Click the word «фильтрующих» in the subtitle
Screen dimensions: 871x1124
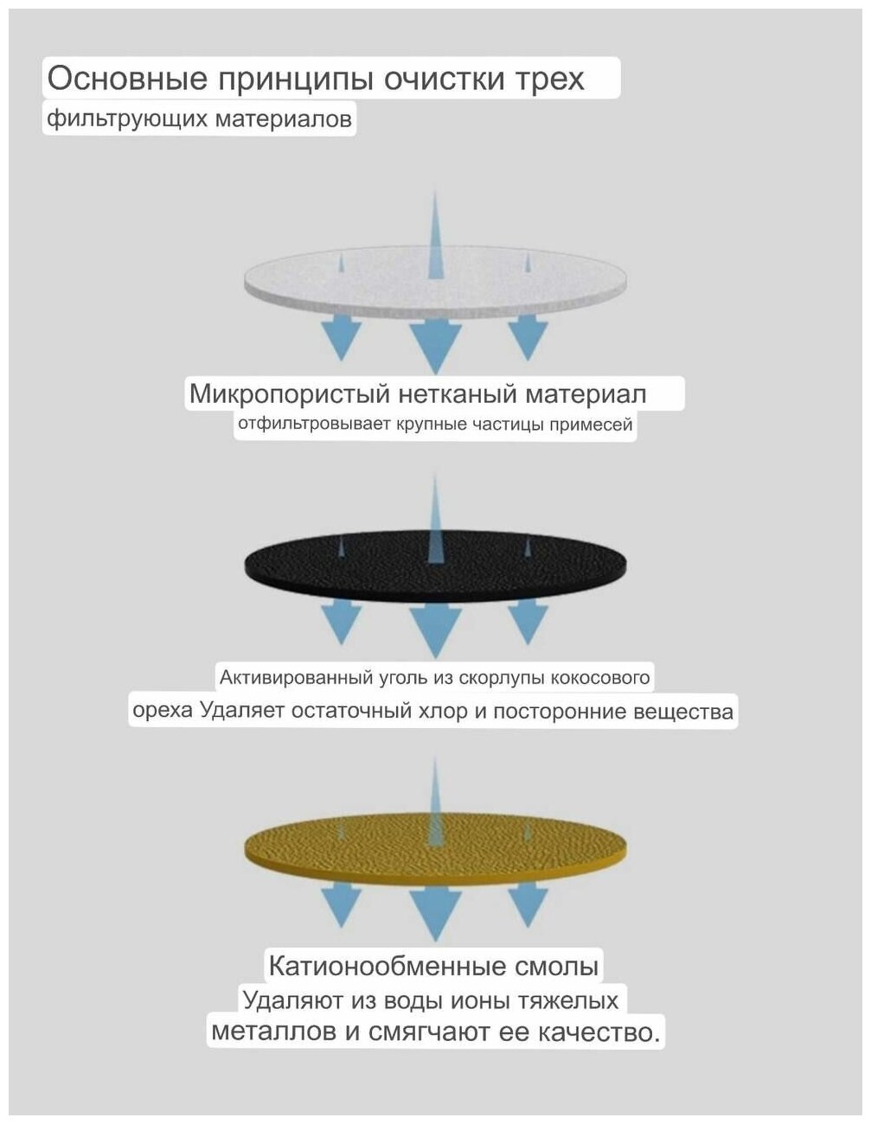coord(109,118)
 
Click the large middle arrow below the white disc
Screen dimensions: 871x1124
coord(435,343)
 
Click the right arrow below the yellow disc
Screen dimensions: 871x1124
coord(528,902)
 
